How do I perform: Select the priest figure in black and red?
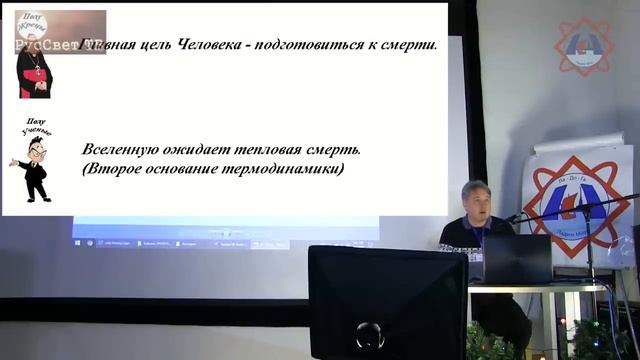tap(34, 70)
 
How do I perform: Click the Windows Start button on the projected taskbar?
tap(78, 243)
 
